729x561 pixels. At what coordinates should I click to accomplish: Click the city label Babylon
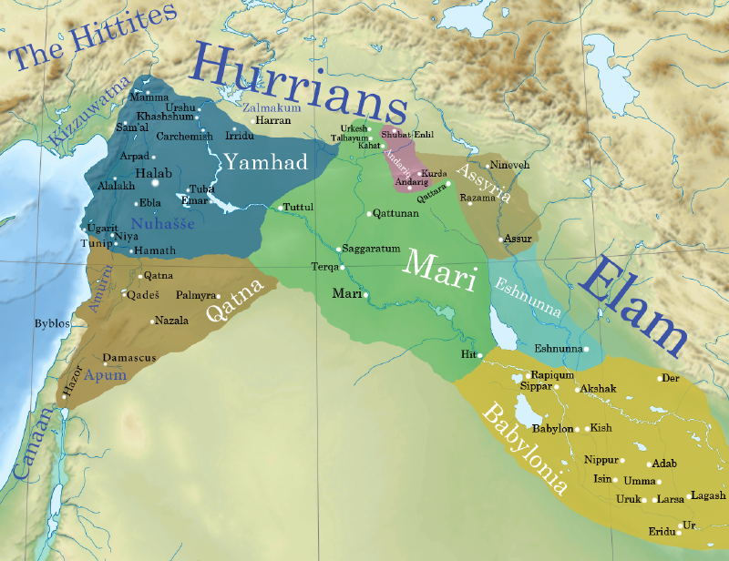pos(552,428)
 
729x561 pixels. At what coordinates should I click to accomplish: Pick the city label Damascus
pos(129,358)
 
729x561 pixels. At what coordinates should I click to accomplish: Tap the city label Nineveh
pos(508,165)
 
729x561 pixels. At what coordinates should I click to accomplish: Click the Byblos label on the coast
pos(52,323)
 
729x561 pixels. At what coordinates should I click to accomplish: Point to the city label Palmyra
pos(196,296)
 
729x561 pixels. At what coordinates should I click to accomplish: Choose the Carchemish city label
pos(185,137)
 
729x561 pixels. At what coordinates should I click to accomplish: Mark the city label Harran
pos(272,120)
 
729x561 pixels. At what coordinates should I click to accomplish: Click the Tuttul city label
pos(299,208)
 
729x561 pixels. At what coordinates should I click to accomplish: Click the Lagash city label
pos(708,495)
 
